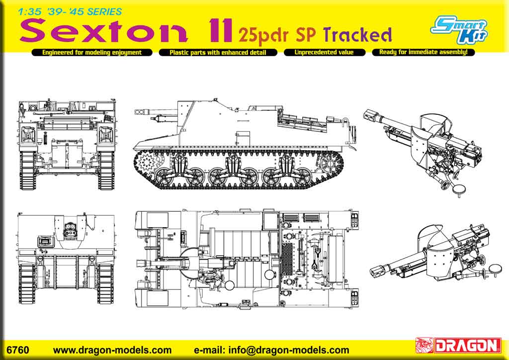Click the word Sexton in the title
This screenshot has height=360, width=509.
[103, 30]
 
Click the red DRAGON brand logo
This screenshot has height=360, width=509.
[458, 346]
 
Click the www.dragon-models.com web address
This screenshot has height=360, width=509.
[112, 350]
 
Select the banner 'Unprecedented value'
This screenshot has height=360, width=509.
[324, 52]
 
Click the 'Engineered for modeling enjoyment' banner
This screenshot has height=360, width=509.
[92, 52]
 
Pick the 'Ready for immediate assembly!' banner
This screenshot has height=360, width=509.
[424, 52]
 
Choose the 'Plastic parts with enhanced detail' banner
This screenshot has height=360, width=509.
[218, 52]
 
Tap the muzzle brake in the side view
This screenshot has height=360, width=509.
[140, 112]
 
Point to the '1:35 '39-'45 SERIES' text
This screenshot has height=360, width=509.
[70, 12]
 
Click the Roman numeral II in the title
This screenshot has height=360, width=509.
[221, 30]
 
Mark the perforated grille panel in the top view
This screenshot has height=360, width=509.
[287, 258]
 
